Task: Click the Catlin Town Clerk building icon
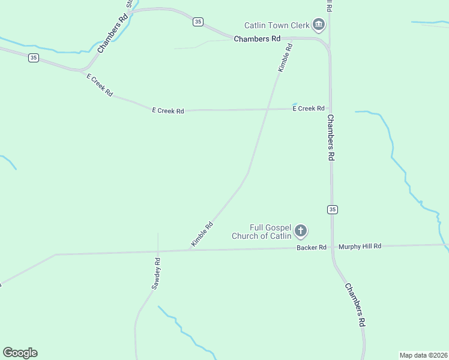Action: click(x=319, y=25)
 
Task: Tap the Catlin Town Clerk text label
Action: click(x=276, y=25)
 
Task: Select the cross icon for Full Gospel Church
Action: click(x=301, y=231)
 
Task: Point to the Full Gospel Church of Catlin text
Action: click(x=262, y=232)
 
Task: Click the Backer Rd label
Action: click(x=311, y=247)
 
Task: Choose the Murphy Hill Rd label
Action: click(x=360, y=246)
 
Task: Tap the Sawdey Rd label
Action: click(x=156, y=274)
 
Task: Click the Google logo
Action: click(x=20, y=353)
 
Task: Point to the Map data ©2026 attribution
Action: click(x=423, y=355)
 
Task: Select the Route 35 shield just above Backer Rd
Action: click(x=333, y=209)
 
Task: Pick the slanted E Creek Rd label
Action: click(x=100, y=85)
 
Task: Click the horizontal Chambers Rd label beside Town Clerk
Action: click(x=257, y=39)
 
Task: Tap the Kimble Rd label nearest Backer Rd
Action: click(x=202, y=235)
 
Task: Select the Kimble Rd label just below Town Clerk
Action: click(x=285, y=58)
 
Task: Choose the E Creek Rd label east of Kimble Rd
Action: click(x=309, y=109)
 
